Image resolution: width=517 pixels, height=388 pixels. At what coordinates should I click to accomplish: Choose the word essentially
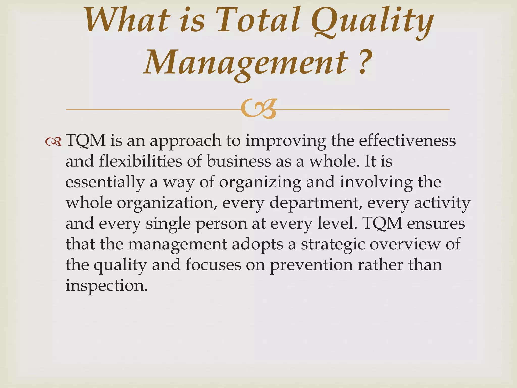[x=105, y=183]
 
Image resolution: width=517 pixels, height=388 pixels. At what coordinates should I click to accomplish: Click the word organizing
[x=260, y=183]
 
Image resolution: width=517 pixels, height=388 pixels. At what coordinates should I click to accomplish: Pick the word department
[x=316, y=203]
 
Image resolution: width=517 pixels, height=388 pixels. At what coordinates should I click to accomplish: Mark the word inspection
[x=106, y=286]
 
